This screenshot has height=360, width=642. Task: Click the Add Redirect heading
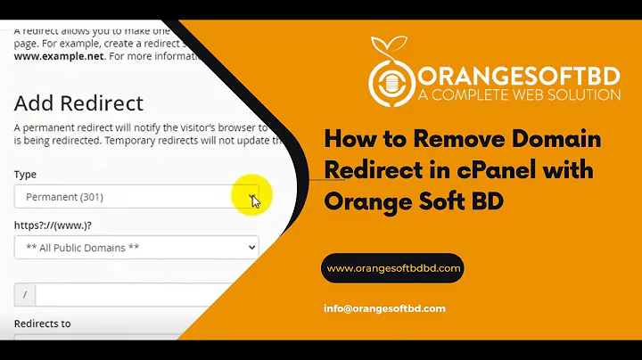pyautogui.click(x=78, y=102)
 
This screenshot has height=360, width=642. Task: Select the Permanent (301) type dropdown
pyautogui.click(x=125, y=196)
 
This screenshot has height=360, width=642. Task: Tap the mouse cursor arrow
pyautogui.click(x=256, y=200)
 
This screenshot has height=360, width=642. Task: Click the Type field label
pyautogui.click(x=25, y=175)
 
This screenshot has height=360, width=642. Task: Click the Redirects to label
pyautogui.click(x=42, y=323)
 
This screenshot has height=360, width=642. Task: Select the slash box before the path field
pyautogui.click(x=24, y=294)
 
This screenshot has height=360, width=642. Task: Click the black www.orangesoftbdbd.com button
pyautogui.click(x=392, y=267)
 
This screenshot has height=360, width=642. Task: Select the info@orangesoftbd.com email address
pyautogui.click(x=384, y=308)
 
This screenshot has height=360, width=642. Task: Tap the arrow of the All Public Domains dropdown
pyautogui.click(x=251, y=247)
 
